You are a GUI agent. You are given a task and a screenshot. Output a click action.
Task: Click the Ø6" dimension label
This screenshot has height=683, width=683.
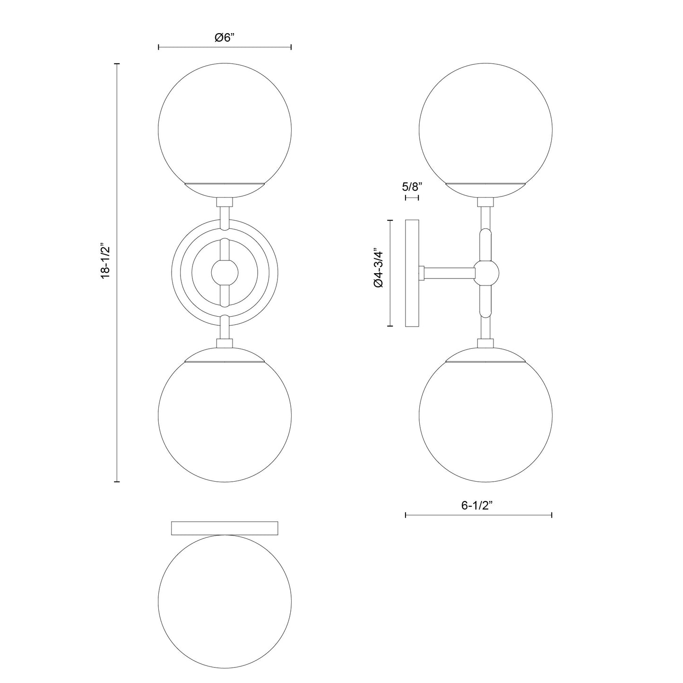[x=225, y=38]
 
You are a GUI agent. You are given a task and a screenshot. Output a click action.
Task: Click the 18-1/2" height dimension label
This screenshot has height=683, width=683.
[x=105, y=261]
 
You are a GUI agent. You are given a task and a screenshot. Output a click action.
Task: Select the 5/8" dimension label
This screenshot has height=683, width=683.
[x=411, y=186]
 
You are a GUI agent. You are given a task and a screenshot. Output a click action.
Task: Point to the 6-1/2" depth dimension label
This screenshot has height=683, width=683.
[x=477, y=505]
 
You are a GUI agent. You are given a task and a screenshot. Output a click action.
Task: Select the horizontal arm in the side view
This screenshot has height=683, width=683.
[x=449, y=273]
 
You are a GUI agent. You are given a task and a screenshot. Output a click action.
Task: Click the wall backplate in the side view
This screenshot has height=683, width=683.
[x=412, y=273]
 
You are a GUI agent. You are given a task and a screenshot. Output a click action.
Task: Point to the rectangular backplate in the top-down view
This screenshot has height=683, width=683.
[x=225, y=528]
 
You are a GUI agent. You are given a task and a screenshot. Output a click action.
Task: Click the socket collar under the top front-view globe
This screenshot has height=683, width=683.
[x=225, y=202]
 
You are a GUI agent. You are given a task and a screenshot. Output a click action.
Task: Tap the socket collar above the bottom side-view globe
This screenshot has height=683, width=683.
[x=485, y=344]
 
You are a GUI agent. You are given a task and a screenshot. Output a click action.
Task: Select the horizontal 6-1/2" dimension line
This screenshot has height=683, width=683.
[x=520, y=515]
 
